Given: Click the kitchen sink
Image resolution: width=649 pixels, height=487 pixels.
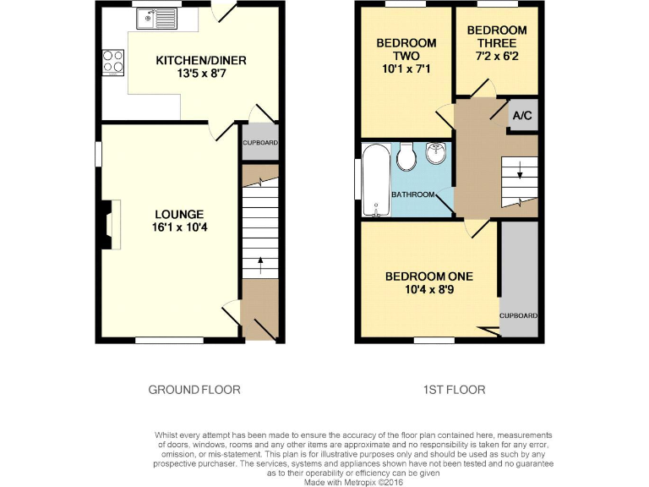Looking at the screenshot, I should click(x=160, y=16).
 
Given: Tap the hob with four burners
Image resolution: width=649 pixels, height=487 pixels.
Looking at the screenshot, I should click(x=112, y=62).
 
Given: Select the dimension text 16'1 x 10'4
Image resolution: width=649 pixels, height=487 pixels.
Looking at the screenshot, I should click(x=178, y=227).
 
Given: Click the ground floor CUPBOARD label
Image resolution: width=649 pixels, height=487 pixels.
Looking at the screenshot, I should click(x=260, y=142).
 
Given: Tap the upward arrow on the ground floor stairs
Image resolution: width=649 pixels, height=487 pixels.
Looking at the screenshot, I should click(x=260, y=261).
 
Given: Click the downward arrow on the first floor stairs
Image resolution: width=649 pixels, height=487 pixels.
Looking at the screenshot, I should click(x=520, y=172).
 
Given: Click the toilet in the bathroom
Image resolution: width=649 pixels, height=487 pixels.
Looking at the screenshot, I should click(x=406, y=156).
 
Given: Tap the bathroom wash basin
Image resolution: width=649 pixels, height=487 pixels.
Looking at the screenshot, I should click(x=437, y=155).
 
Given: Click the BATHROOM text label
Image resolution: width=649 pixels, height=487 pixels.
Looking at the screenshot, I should click(x=412, y=194).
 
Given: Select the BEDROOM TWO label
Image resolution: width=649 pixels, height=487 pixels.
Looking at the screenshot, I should click(x=406, y=49).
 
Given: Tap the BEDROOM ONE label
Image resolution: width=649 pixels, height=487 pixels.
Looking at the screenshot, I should click(x=428, y=276).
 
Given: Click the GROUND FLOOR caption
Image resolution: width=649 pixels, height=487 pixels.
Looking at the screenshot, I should click(x=194, y=390).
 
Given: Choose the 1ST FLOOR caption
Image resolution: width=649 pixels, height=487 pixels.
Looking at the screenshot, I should click(x=455, y=390).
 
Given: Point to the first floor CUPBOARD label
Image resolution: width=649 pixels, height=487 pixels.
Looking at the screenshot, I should click(x=518, y=315).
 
